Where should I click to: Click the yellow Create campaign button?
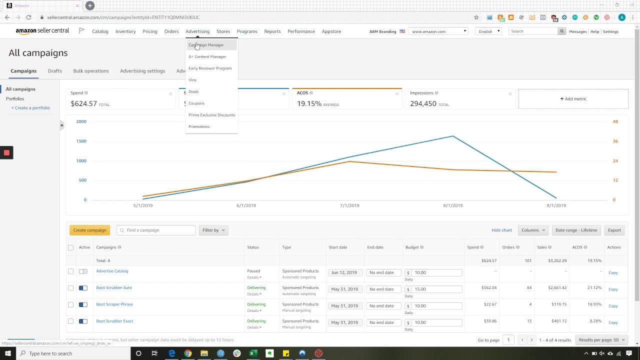click(89, 230)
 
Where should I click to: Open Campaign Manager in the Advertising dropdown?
click(206, 45)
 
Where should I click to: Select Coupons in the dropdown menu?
click(196, 103)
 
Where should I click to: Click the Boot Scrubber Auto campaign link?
click(114, 287)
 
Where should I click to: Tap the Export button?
click(614, 230)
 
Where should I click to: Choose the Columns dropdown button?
click(533, 230)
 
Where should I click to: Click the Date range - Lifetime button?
click(576, 230)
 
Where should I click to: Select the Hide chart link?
click(501, 230)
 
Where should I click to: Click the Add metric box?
click(573, 99)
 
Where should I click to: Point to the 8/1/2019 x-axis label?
click(452, 205)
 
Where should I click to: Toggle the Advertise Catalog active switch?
click(83, 271)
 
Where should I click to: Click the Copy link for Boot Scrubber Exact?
click(613, 322)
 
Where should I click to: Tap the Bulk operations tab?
click(91, 71)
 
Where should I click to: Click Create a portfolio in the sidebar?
click(30, 108)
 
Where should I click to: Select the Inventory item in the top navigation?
click(125, 31)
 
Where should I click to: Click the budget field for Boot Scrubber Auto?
click(436, 289)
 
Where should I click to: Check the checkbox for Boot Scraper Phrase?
click(70, 304)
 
